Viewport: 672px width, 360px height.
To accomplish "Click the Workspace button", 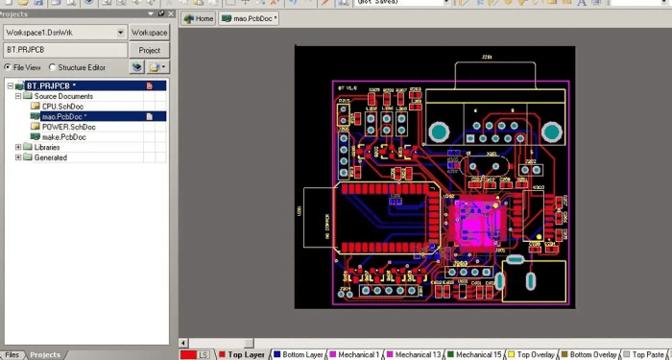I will click(150, 32).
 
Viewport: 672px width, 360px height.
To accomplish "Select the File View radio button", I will click(8, 67).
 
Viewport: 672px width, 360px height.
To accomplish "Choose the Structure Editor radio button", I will click(54, 67).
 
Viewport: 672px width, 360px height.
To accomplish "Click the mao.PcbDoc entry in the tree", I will click(63, 117).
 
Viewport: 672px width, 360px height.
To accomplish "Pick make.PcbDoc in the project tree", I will click(64, 137).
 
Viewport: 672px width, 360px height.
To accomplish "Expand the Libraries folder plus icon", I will click(18, 148).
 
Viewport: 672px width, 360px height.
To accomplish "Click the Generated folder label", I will click(50, 157).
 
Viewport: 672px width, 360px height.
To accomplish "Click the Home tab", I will click(199, 18).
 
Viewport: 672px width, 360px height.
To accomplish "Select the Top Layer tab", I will click(246, 354).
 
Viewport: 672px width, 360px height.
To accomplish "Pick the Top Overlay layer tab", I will click(537, 354).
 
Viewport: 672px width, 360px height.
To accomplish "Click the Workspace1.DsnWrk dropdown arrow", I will click(121, 32).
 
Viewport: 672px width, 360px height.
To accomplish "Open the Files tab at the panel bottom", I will click(13, 354).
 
